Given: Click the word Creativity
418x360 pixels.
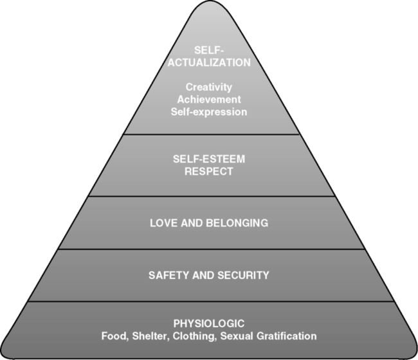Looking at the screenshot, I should point(209,87).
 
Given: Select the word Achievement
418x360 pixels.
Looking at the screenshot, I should point(209,99).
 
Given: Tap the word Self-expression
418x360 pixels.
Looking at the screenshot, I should point(209,111).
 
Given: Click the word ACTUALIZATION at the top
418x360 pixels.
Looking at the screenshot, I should point(209,63).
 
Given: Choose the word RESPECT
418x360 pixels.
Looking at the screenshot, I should point(209,171).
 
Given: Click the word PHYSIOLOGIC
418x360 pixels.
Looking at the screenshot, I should point(209,323).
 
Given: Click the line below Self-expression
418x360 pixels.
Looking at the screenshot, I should point(209,134).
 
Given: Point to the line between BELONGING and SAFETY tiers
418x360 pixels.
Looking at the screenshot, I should point(209,249).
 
